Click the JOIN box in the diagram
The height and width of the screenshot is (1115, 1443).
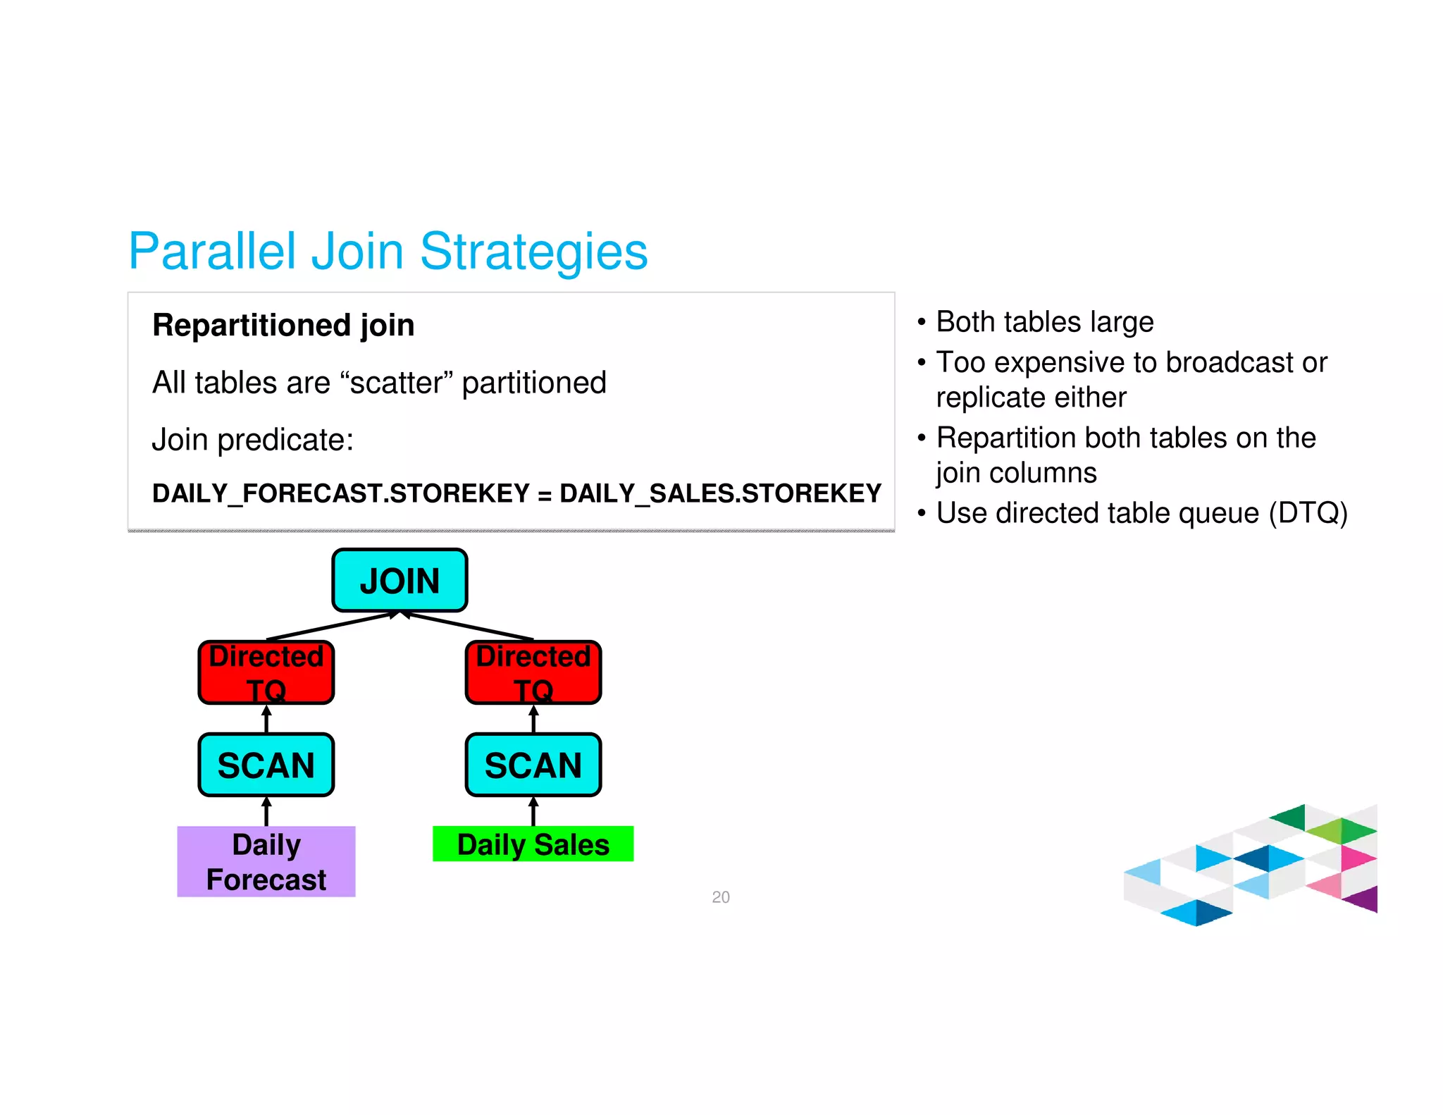(x=400, y=580)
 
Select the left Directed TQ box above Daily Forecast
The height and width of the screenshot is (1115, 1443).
(x=266, y=672)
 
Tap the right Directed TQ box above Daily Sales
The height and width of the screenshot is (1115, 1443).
(x=533, y=672)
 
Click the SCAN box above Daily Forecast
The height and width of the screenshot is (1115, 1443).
(x=266, y=765)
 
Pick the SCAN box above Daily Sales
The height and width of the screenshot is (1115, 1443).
(x=533, y=765)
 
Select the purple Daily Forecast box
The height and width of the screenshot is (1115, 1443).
(x=266, y=861)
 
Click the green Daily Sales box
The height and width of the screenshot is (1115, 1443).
(x=533, y=844)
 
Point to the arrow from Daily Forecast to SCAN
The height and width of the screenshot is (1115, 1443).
(x=266, y=811)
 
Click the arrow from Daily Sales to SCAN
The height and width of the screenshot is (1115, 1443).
(x=533, y=811)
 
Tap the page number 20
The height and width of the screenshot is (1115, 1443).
(x=721, y=897)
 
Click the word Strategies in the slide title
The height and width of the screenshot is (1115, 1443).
(x=533, y=252)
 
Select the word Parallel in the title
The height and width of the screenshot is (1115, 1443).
(x=212, y=252)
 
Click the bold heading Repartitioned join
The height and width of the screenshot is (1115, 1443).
(x=283, y=326)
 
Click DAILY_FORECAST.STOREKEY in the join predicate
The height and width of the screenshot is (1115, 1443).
(x=340, y=493)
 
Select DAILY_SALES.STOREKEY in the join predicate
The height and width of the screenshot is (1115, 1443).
(x=720, y=493)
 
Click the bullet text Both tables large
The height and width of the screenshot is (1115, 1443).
(x=1045, y=322)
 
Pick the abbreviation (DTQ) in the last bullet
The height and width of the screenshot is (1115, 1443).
(x=1308, y=513)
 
